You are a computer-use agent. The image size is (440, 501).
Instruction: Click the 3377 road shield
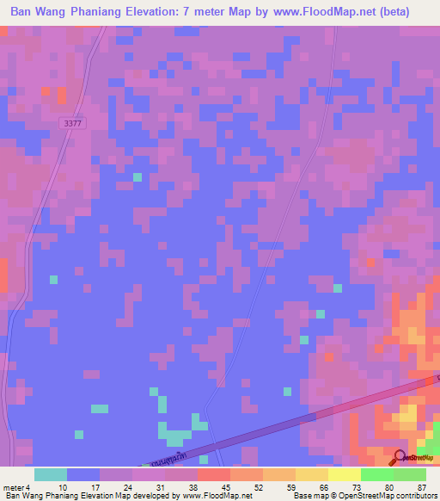click(x=73, y=124)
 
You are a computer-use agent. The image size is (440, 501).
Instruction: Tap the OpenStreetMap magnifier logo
click(x=399, y=458)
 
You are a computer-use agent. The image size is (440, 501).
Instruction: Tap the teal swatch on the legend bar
click(x=51, y=474)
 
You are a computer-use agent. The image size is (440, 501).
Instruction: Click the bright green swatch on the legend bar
click(x=377, y=474)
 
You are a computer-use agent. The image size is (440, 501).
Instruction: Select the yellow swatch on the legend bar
click(x=345, y=474)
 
